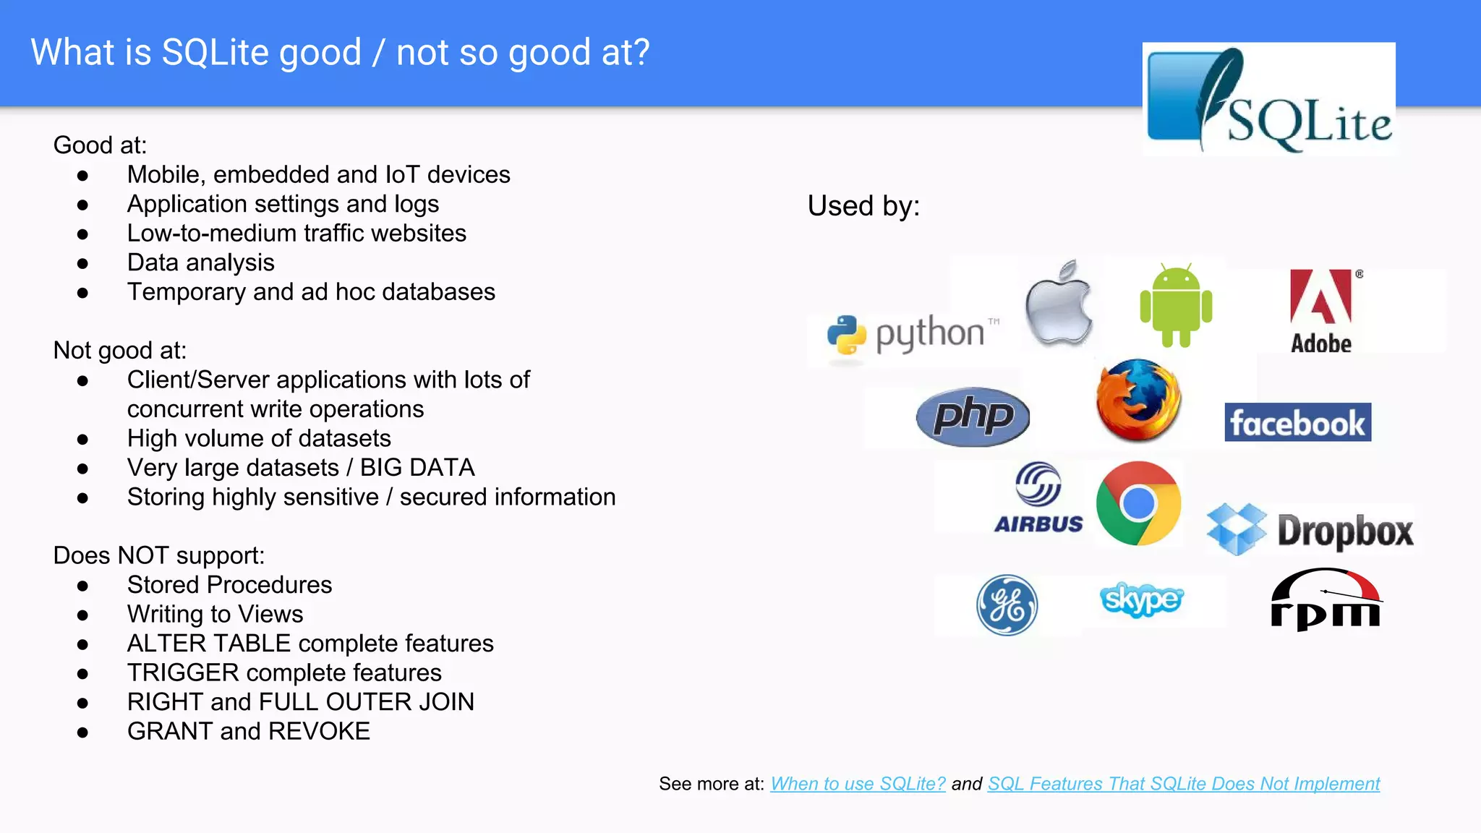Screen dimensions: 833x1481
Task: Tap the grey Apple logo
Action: coord(1059,303)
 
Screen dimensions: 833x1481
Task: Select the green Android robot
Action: coord(1176,306)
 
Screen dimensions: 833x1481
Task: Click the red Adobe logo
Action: coord(1321,311)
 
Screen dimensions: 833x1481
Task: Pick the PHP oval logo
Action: coord(973,416)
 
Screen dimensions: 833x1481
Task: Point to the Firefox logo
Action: coord(1138,400)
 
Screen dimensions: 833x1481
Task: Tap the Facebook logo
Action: coord(1297,422)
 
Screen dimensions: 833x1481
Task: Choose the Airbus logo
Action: coord(1038,498)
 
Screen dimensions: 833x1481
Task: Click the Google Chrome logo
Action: coord(1138,503)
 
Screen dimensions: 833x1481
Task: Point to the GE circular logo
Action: coord(1007,605)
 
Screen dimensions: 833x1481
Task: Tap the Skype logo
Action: coord(1142,599)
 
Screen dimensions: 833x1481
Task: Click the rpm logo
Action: coord(1326,599)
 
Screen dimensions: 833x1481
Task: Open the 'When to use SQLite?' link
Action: coord(858,784)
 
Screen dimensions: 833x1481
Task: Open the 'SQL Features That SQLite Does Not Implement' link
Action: coord(1184,784)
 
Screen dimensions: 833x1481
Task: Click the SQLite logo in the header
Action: coord(1269,99)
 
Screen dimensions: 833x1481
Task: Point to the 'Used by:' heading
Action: coord(863,206)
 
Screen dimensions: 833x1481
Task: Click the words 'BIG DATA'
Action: coord(417,468)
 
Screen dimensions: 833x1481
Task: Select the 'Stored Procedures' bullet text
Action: coord(229,585)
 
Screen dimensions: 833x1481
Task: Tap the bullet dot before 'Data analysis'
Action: coord(82,264)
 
